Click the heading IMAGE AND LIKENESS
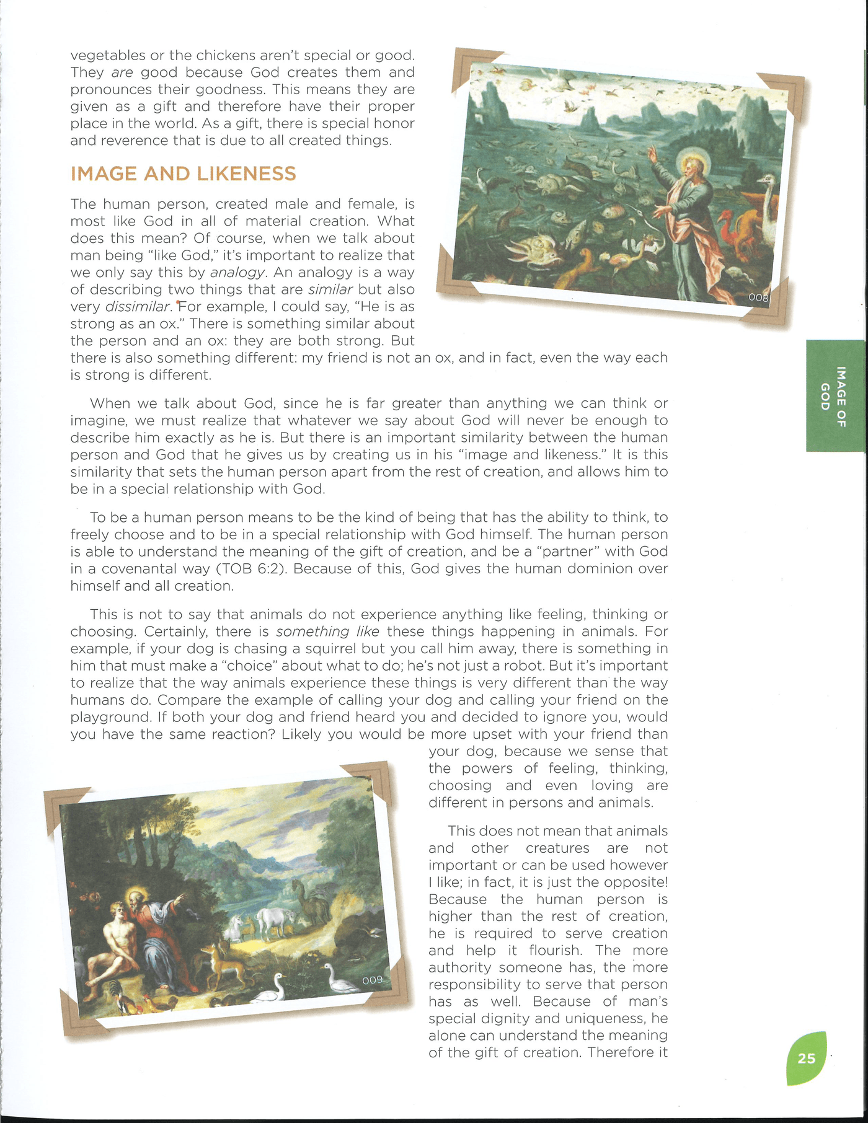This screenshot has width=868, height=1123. [183, 174]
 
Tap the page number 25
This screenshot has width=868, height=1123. [806, 1058]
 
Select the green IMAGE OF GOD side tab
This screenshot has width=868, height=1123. [835, 396]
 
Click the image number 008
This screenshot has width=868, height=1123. [758, 297]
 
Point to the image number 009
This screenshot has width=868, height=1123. [373, 980]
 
